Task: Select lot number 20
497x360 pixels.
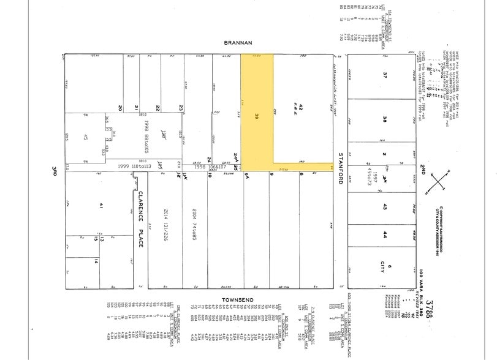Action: point(120,108)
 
